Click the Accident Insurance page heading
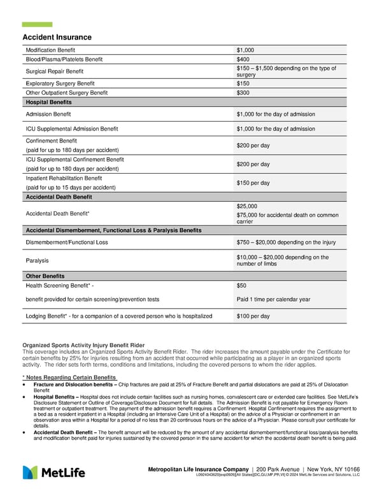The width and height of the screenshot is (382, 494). [x=57, y=38]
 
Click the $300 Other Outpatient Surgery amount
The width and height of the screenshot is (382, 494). [x=243, y=92]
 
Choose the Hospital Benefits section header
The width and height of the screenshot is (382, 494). [x=48, y=102]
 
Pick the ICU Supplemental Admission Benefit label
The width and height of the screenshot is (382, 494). [x=72, y=129]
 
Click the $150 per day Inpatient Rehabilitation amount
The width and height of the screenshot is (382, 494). [x=253, y=183]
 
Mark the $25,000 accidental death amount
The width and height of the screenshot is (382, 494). [x=246, y=206]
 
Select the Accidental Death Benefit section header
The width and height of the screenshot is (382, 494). [x=59, y=197]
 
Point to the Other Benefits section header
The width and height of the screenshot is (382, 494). [x=45, y=276]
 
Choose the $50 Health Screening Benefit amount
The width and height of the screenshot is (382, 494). [x=241, y=286]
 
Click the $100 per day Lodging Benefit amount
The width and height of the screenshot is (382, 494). [x=253, y=316]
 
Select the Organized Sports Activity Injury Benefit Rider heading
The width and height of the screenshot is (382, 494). [x=83, y=345]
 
